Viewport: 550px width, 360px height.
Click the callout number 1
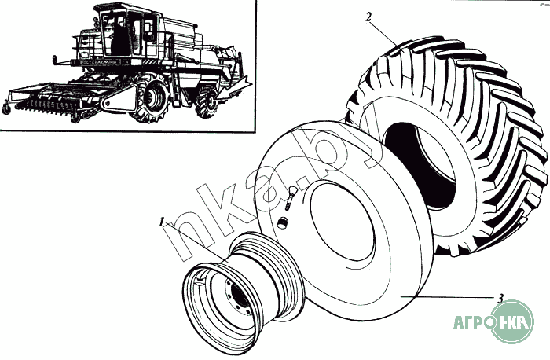(x=161, y=222)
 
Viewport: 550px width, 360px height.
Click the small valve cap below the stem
(x=280, y=222)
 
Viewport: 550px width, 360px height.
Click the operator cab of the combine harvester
(x=124, y=31)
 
